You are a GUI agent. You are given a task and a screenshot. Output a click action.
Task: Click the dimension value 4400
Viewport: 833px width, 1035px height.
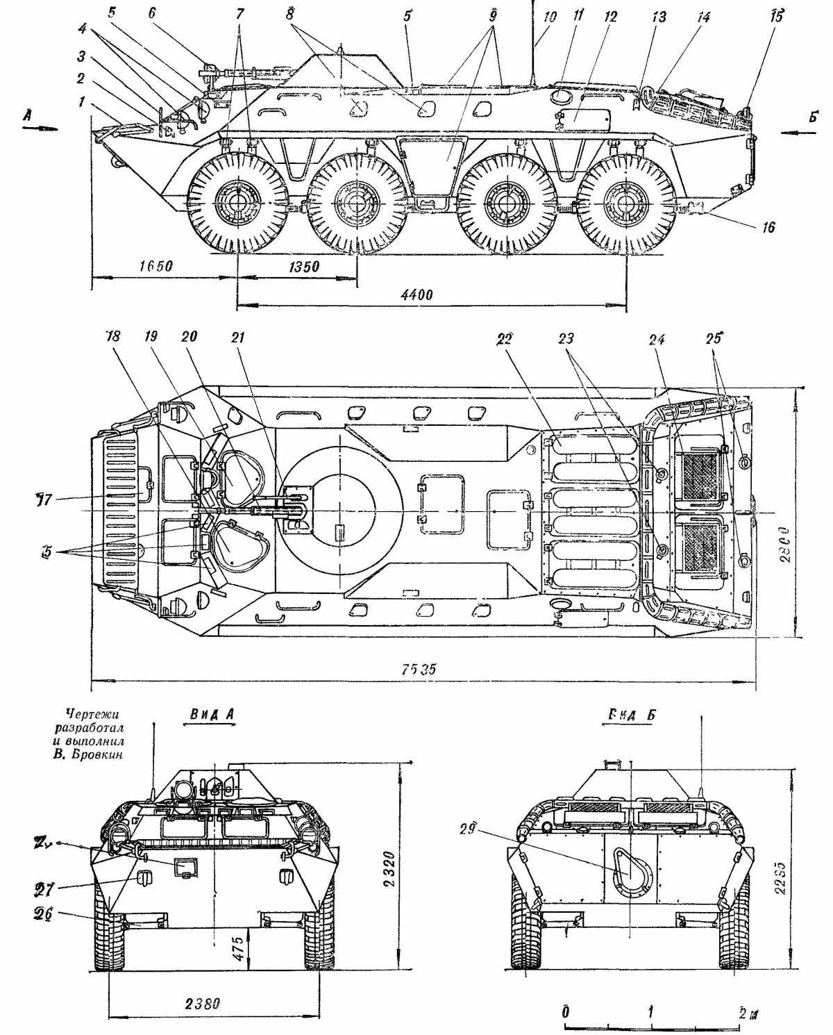pos(416,294)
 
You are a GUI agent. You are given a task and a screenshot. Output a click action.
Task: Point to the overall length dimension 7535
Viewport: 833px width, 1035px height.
pos(419,669)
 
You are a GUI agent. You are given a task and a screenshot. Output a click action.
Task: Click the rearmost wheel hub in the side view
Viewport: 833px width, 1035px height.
pos(627,203)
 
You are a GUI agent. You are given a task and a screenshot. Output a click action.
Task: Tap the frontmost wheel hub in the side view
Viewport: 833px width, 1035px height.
pos(238,203)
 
